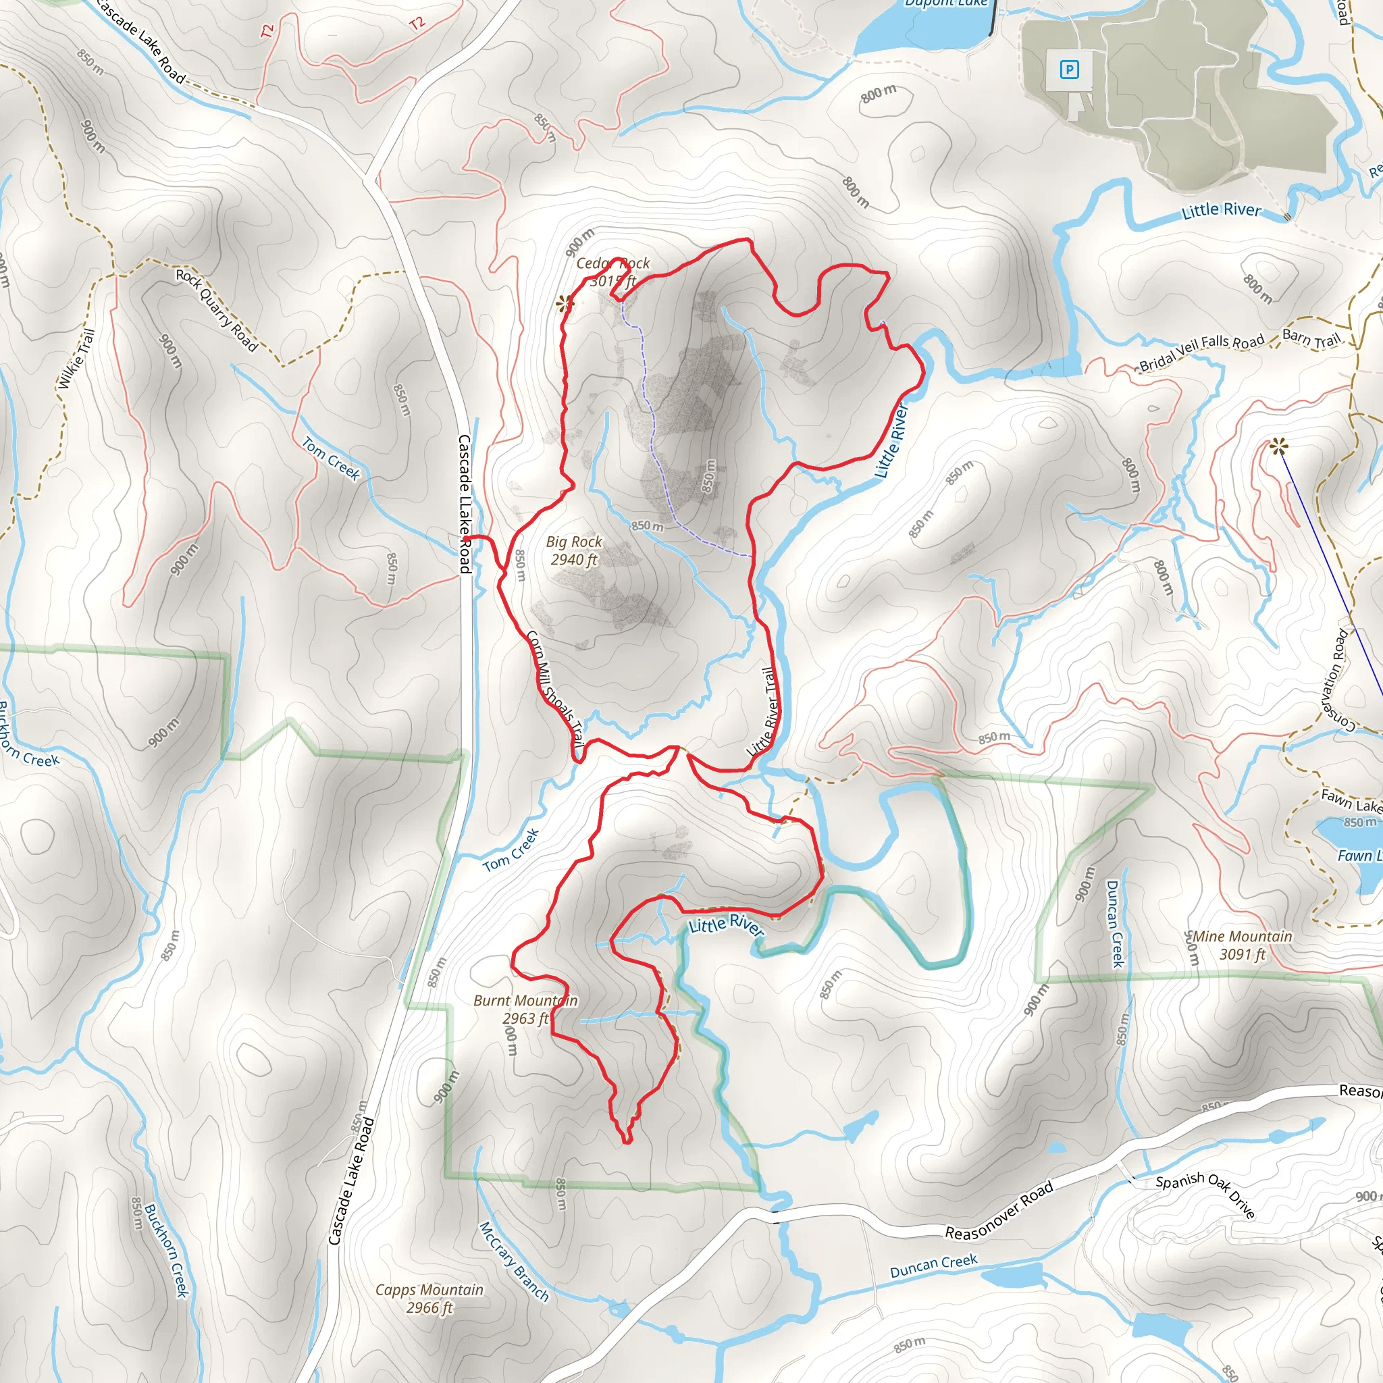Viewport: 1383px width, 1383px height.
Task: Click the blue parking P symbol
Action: [1069, 70]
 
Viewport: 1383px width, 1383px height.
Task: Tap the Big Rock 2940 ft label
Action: [574, 550]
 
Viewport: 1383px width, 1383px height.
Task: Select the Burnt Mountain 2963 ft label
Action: [525, 1010]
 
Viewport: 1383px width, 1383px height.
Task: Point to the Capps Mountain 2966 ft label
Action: [429, 1299]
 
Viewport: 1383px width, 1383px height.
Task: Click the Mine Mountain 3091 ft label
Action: [1242, 945]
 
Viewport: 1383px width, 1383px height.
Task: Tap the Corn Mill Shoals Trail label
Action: [556, 689]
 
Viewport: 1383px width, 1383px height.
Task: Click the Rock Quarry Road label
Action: [216, 310]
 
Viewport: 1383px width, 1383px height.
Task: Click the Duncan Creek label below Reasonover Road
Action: [933, 1265]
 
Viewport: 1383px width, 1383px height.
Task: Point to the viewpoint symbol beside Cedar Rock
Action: [565, 305]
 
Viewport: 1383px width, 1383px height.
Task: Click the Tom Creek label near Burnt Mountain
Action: [511, 850]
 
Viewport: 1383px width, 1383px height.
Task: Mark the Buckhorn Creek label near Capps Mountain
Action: [166, 1250]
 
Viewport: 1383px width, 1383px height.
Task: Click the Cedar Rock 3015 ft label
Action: [613, 272]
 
